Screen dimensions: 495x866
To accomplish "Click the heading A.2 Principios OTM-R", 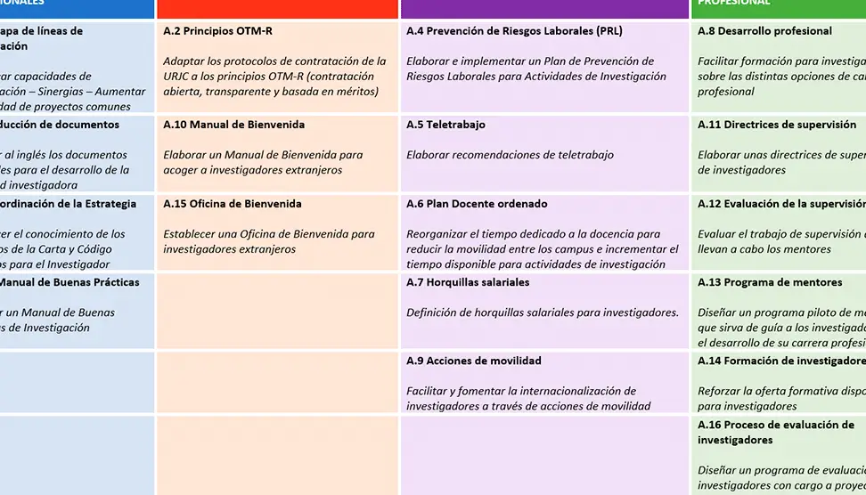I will (218, 31).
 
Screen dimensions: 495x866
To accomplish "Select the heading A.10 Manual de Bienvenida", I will (234, 125).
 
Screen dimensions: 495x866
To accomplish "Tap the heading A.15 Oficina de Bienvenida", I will (233, 204).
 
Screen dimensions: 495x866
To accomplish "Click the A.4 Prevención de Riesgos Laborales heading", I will (514, 31).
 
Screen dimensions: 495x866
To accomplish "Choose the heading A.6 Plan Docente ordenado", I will (477, 204).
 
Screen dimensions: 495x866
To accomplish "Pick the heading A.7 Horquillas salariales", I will (468, 282).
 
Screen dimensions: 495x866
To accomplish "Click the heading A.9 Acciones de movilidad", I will (473, 361).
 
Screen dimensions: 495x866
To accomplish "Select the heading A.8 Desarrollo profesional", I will (764, 31).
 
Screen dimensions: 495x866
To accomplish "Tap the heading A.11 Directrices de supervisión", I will (777, 125).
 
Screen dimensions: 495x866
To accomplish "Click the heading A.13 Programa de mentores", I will (770, 282).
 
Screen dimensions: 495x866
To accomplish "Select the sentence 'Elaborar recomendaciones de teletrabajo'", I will (510, 155).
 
